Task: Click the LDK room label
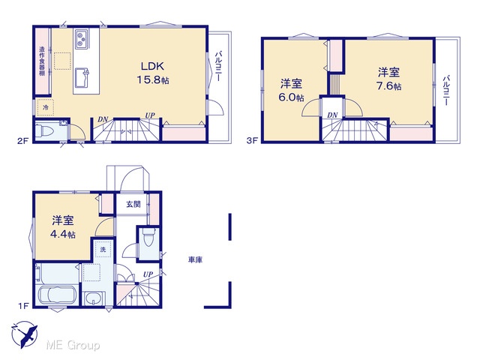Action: (x=152, y=66)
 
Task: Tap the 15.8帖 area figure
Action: (x=153, y=80)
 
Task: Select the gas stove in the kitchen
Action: (x=82, y=39)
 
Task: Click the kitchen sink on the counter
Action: (x=82, y=78)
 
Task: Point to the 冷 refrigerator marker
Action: (x=45, y=107)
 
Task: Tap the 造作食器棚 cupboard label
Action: (x=42, y=61)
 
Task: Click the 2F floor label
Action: (x=22, y=141)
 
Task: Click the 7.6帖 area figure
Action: (x=388, y=86)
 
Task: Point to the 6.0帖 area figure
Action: (x=291, y=97)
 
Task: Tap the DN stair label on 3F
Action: (x=332, y=115)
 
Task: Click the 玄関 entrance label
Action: (x=133, y=204)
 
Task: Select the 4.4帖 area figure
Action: (x=63, y=234)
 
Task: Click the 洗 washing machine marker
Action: (x=103, y=250)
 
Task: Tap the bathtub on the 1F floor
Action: (x=57, y=295)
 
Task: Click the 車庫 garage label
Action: (x=195, y=260)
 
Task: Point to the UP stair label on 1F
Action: (x=148, y=274)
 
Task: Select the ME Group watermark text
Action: (x=73, y=345)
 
